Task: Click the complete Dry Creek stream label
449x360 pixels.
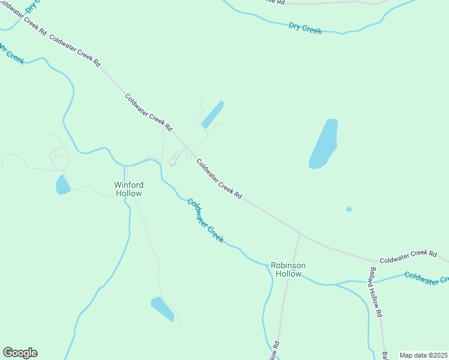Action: click(305, 28)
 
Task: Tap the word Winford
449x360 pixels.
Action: click(128, 185)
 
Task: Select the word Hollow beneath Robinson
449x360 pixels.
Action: click(288, 274)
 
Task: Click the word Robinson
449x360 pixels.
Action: click(288, 265)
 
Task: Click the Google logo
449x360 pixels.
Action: click(20, 353)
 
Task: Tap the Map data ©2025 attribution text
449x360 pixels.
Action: click(423, 355)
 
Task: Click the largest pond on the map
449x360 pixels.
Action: click(324, 144)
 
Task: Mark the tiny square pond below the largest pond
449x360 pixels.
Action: click(349, 209)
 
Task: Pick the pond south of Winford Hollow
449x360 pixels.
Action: click(162, 308)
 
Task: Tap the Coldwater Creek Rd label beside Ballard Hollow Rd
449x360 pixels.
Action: click(408, 254)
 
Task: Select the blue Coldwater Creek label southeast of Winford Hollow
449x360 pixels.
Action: click(205, 220)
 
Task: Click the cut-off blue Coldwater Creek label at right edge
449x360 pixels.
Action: click(426, 278)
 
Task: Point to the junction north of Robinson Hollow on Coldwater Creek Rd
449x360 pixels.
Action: click(300, 233)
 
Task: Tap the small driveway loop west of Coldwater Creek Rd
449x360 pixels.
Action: click(173, 161)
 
